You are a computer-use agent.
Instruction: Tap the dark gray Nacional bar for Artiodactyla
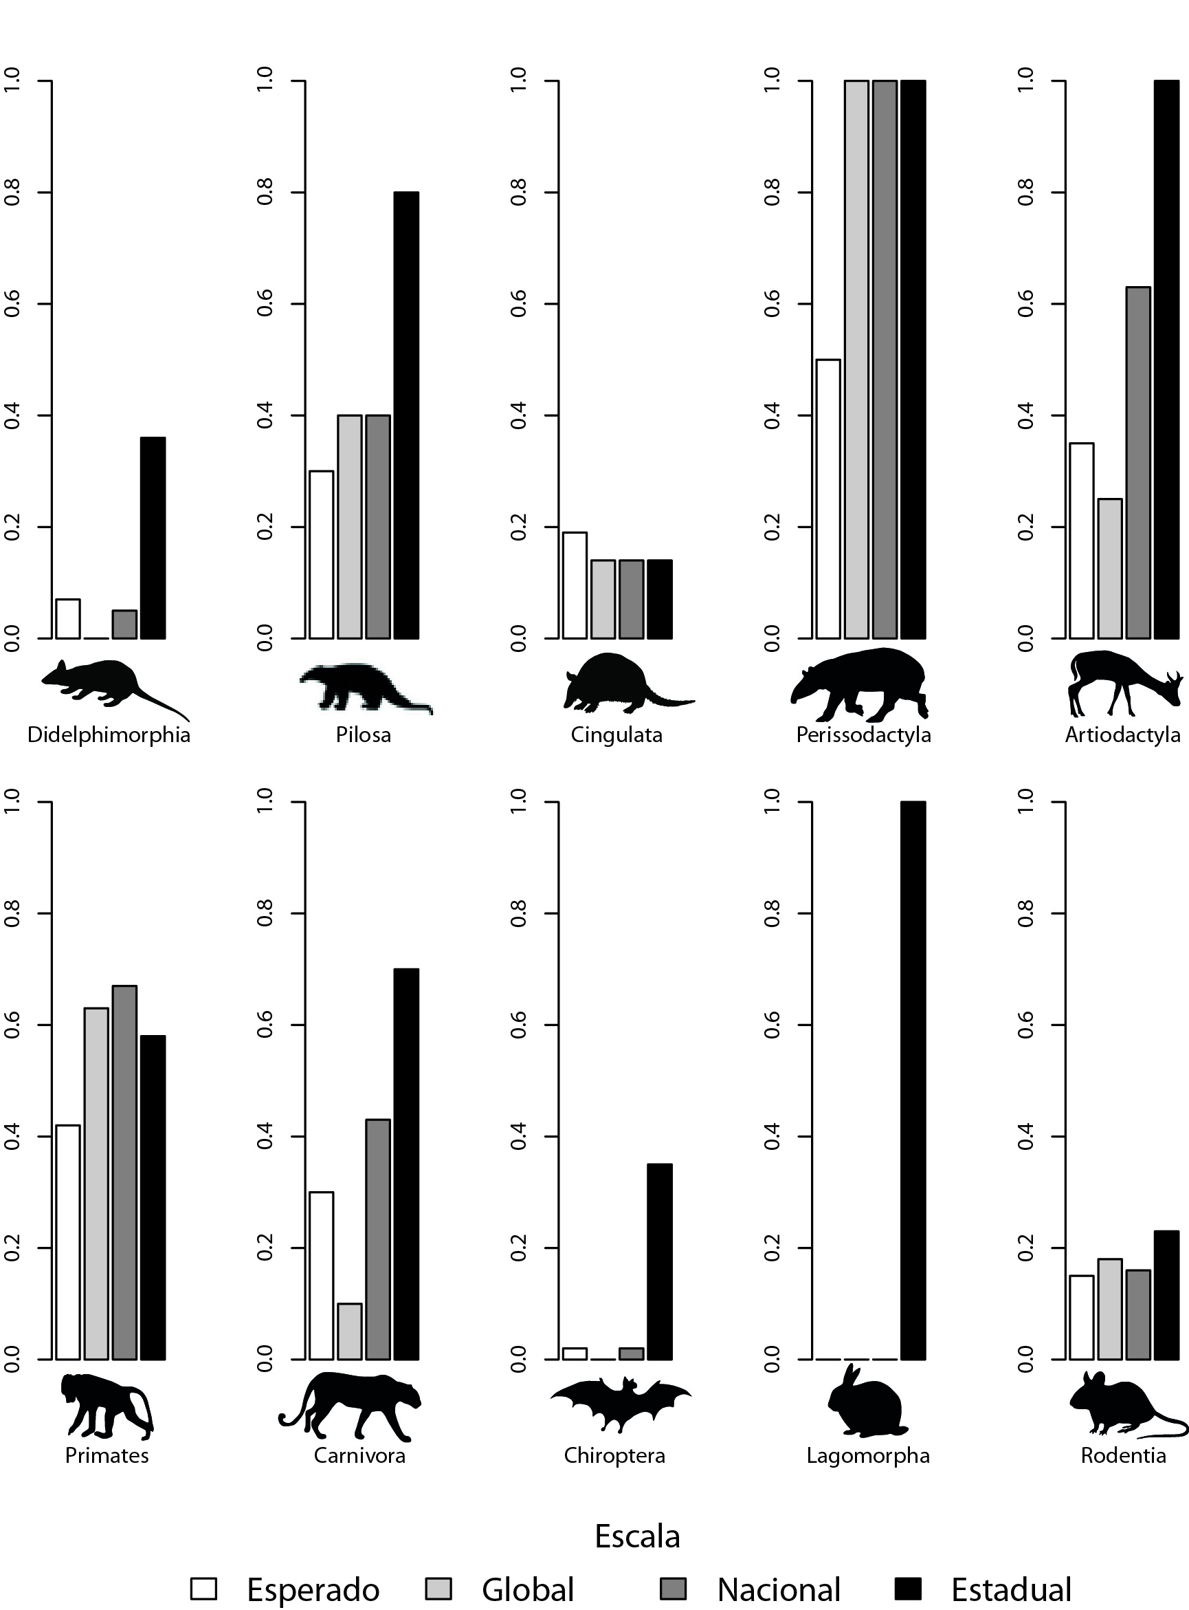pyautogui.click(x=1138, y=462)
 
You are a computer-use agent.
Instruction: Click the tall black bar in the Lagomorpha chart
pyautogui.click(x=913, y=1080)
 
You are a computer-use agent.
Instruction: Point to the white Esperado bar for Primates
pyautogui.click(x=68, y=1242)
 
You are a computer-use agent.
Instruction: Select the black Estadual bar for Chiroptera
pyautogui.click(x=659, y=1261)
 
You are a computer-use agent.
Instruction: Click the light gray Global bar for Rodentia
pyautogui.click(x=1110, y=1309)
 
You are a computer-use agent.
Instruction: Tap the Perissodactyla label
pyautogui.click(x=864, y=735)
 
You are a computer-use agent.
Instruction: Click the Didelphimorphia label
pyautogui.click(x=109, y=735)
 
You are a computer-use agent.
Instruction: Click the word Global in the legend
pyautogui.click(x=528, y=1589)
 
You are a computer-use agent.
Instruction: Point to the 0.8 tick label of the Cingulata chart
pyautogui.click(x=518, y=193)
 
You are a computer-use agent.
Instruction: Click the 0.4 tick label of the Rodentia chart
pyautogui.click(x=1025, y=1135)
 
